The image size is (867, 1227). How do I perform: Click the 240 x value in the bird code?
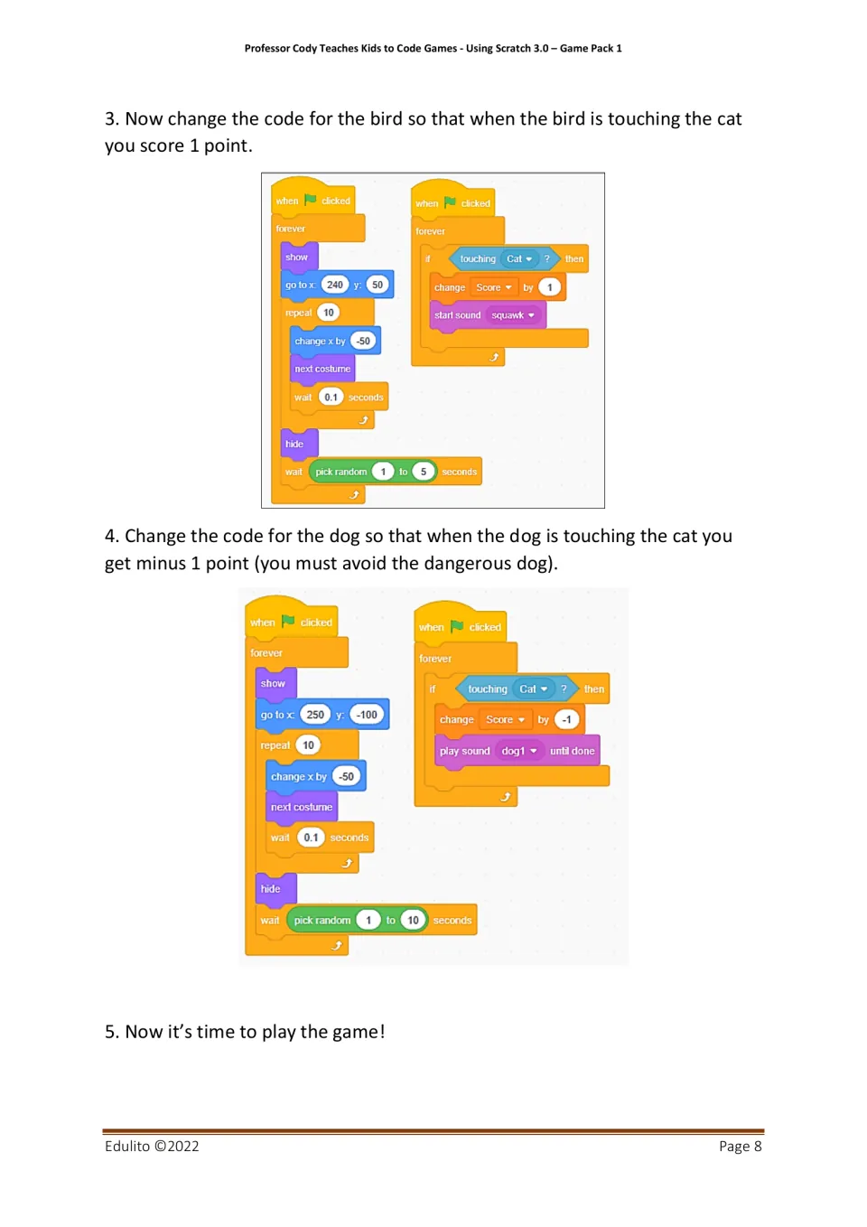[x=334, y=285]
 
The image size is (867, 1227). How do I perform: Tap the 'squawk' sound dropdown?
[x=512, y=315]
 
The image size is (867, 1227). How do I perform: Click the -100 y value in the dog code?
[x=366, y=715]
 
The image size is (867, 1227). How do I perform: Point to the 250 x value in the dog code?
[x=314, y=715]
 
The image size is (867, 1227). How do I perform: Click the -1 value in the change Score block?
[x=566, y=720]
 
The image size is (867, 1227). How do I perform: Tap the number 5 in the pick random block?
[x=423, y=472]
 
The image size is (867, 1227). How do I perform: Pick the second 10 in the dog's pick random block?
[x=413, y=920]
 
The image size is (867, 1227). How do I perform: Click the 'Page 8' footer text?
[x=740, y=1147]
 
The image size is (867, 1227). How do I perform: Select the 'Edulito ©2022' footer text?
[x=152, y=1147]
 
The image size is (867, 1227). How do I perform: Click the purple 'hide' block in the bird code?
[x=299, y=444]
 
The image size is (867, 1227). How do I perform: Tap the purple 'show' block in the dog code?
[x=275, y=684]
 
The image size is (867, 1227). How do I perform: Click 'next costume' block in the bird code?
[x=322, y=369]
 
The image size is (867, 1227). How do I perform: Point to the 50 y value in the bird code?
[x=378, y=285]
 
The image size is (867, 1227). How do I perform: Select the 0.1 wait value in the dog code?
[x=311, y=838]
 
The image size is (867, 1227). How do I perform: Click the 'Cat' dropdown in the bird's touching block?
[x=519, y=258]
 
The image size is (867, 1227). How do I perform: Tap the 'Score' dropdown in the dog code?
[x=505, y=720]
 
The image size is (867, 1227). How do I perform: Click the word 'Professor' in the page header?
[x=267, y=48]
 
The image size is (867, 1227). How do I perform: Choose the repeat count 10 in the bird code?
[x=329, y=313]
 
